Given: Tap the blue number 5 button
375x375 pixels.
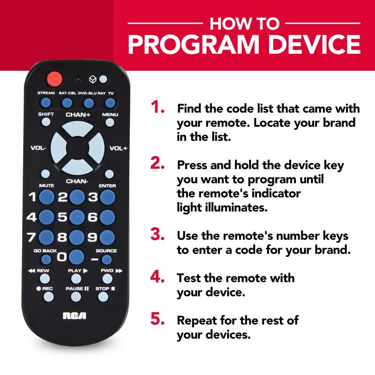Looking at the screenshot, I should [77, 217].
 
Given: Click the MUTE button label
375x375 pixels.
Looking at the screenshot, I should [46, 186].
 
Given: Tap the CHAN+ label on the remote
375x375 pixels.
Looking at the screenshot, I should [77, 115].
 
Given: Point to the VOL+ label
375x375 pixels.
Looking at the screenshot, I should [118, 149].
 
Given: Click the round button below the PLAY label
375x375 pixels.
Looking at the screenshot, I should [77, 279].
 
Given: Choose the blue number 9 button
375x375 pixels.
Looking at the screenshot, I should [107, 237].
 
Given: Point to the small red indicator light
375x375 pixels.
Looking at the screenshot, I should [78, 79].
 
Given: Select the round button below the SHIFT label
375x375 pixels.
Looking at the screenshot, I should [46, 122].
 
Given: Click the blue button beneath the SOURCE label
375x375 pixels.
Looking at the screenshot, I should [107, 259].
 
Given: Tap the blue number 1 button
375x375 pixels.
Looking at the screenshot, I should [46, 197].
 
